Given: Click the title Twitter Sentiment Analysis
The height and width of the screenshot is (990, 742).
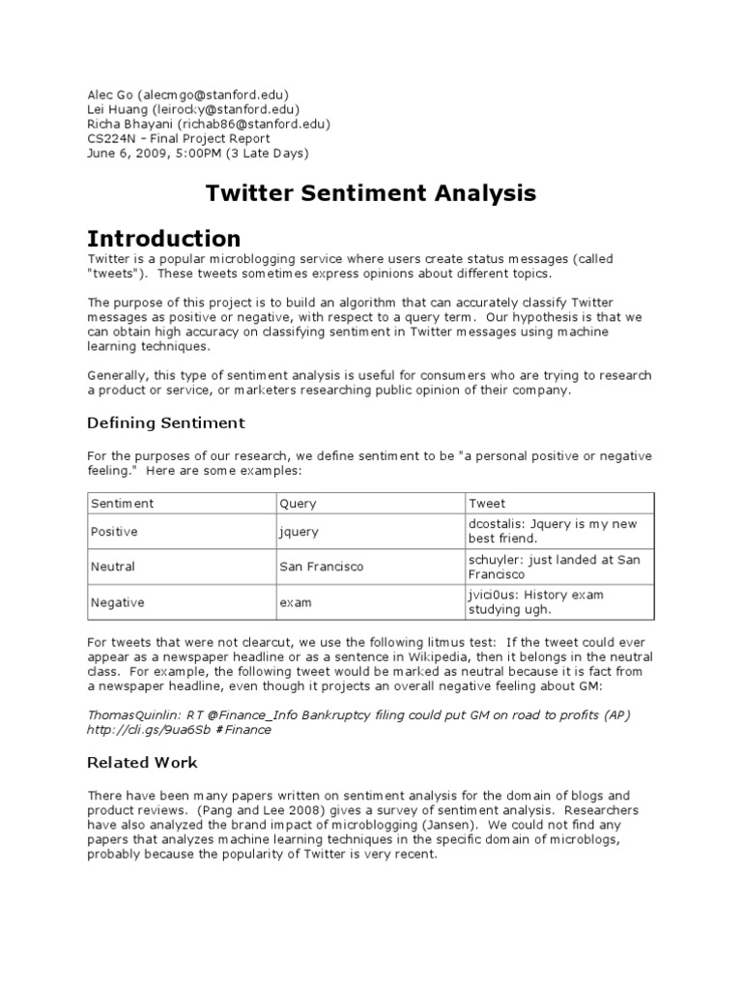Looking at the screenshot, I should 371,193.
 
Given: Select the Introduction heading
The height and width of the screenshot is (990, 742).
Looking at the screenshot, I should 164,238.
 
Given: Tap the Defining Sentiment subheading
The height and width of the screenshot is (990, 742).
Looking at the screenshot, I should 166,423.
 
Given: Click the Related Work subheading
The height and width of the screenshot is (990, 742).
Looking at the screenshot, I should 142,763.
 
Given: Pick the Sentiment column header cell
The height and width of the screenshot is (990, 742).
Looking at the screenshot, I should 123,504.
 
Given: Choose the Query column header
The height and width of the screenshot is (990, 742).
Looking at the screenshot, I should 298,504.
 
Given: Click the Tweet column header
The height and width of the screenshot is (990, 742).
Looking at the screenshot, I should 487,504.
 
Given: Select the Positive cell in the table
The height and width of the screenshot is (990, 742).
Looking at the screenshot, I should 114,532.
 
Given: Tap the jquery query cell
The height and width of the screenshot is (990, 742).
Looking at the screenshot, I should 299,532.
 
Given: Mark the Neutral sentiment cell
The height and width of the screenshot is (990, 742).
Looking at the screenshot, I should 113,567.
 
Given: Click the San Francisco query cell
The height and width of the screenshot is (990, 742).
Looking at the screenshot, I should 321,567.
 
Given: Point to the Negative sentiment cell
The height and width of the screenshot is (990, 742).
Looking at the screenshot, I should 117,602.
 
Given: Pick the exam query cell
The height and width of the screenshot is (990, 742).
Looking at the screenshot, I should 296,602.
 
